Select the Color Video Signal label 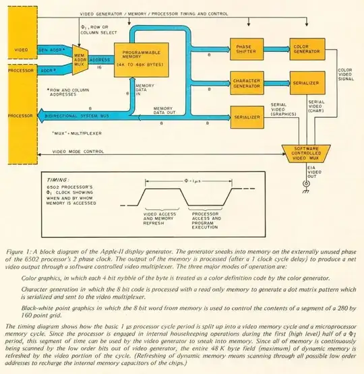[344, 77]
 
